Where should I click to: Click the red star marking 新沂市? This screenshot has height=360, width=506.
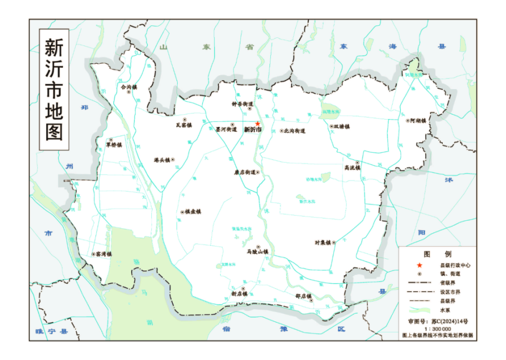[x=257, y=123]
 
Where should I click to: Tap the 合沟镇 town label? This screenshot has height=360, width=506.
[x=129, y=86]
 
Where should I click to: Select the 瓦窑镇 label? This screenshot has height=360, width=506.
[x=183, y=125]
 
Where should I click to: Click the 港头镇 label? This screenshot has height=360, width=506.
[x=161, y=160]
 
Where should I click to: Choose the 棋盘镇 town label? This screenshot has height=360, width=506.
[x=193, y=212]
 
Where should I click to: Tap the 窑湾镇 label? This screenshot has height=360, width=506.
[x=105, y=254]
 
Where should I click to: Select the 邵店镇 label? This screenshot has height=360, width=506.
[x=304, y=296]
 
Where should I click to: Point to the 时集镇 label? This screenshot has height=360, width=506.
[x=323, y=243]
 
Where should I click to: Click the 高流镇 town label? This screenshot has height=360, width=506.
[x=352, y=168]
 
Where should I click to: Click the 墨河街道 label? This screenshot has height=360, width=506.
[x=226, y=129]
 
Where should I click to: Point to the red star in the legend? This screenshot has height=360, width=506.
[x=420, y=265]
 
